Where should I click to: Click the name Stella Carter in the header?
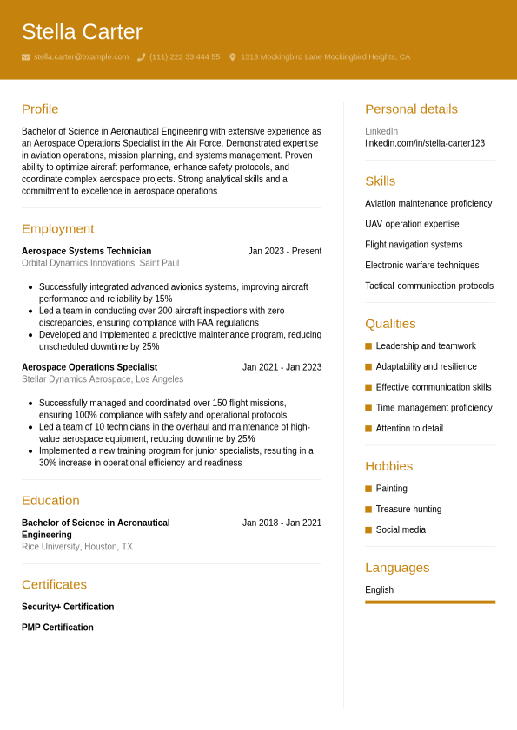(x=82, y=32)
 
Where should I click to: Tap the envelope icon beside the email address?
(x=25, y=57)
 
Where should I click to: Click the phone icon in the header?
(x=141, y=57)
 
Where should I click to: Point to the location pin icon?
(x=233, y=57)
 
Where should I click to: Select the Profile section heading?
(x=40, y=109)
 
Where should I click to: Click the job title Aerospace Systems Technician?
(x=86, y=252)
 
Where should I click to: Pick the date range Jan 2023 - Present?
(x=284, y=252)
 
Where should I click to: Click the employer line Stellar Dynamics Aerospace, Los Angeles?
(x=103, y=379)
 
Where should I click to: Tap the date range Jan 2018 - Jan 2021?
(x=282, y=523)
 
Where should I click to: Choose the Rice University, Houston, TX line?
(x=77, y=547)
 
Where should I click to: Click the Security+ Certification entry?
(x=68, y=608)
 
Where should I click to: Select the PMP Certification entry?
(x=57, y=628)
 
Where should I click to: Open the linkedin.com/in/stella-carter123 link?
(x=425, y=143)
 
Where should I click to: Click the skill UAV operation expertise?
(x=412, y=224)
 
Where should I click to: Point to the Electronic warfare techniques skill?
(x=421, y=266)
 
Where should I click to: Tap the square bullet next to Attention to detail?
(x=368, y=429)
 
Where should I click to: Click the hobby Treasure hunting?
(x=408, y=510)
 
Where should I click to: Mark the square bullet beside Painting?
(x=368, y=489)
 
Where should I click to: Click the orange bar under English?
(x=430, y=602)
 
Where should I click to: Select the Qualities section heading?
(x=390, y=324)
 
